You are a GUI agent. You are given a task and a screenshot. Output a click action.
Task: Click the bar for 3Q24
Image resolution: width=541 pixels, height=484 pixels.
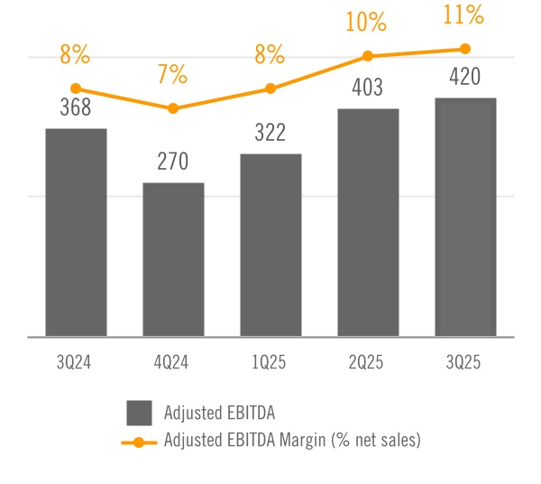click(76, 232)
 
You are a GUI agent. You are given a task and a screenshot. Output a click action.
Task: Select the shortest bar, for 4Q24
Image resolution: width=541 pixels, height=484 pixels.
click(173, 259)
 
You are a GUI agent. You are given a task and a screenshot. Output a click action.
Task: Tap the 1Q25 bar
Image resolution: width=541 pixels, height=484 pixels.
click(270, 245)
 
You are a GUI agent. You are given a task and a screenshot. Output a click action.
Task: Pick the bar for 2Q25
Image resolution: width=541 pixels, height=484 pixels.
click(368, 222)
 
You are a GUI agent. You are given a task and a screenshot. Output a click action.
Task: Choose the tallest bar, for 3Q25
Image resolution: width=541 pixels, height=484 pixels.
click(465, 217)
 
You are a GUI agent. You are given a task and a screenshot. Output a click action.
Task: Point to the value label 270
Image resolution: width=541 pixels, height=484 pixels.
click(173, 163)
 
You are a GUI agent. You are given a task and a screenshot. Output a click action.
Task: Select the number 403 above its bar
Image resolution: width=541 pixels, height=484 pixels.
click(368, 88)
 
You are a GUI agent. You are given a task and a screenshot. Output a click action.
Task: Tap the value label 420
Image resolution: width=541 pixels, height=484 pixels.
click(465, 77)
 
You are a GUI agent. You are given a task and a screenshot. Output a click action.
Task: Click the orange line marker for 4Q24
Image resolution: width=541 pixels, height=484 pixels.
click(173, 108)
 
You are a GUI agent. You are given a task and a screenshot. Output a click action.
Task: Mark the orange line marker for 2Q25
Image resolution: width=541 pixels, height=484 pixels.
click(368, 56)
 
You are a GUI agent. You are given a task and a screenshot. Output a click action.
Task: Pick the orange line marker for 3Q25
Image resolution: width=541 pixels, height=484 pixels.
click(465, 49)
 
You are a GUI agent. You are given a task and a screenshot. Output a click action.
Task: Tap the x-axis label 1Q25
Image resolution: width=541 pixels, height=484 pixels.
click(270, 363)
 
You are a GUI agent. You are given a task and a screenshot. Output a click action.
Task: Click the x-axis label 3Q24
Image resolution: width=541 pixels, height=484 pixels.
click(76, 363)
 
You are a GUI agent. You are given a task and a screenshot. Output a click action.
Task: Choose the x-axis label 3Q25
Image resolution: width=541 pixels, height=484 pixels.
click(465, 363)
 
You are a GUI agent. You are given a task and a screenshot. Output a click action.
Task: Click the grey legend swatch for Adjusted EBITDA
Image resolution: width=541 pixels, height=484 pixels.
click(140, 413)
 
